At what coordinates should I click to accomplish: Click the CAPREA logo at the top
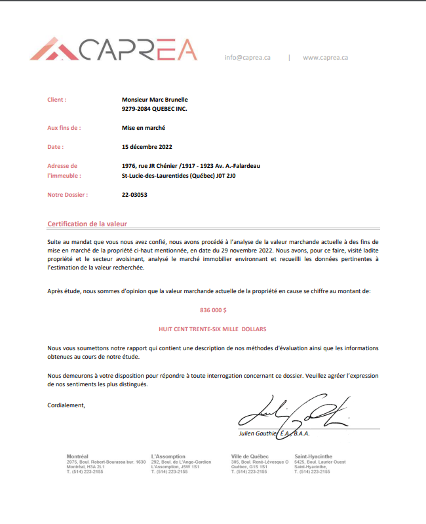pos(113,50)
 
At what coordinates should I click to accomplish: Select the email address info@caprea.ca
pos(247,58)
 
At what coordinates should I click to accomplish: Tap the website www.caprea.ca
pos(325,58)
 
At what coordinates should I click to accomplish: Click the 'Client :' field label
pos(57,100)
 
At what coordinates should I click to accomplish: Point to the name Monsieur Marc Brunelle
pos(155,100)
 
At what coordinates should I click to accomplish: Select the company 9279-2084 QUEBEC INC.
pos(154,109)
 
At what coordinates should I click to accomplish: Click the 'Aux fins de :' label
pos(64,129)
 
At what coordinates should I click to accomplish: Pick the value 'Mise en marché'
pos(144,129)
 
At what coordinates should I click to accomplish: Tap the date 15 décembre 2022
pos(147,147)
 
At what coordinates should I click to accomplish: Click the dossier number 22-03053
pos(135,195)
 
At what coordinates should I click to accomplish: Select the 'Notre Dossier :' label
pos(68,195)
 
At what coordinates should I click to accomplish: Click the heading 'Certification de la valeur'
pos(87,224)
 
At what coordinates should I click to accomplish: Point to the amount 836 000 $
pos(213,309)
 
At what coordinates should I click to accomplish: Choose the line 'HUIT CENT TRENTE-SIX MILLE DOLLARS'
pos(213,328)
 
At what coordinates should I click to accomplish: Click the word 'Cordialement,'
pos(66,405)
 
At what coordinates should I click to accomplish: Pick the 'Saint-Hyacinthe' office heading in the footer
pos(313,456)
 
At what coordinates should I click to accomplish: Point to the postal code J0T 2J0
pos(225,176)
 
